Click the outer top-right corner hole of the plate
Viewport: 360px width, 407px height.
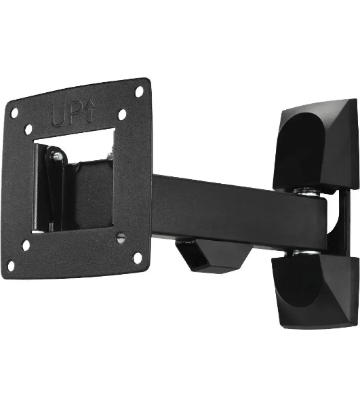click(x=139, y=92)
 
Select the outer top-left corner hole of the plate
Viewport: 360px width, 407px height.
click(x=14, y=113)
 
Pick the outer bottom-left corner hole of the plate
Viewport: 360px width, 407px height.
click(x=11, y=266)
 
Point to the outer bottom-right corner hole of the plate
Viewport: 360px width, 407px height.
click(x=138, y=258)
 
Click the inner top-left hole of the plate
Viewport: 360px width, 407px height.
click(x=28, y=130)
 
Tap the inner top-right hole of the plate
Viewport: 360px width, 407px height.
click(x=122, y=115)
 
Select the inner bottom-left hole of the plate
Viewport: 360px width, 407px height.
click(x=26, y=246)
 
